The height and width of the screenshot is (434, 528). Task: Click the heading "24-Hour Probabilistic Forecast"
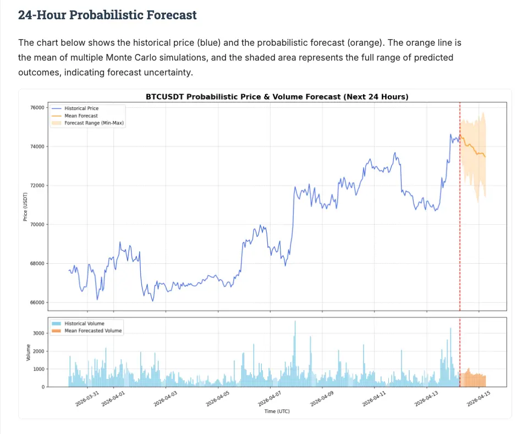107,15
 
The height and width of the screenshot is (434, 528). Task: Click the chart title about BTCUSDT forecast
277,97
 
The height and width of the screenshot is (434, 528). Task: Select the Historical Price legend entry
81,109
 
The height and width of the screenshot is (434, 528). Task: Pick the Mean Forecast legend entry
81,116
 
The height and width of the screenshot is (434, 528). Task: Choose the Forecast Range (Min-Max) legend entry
94,123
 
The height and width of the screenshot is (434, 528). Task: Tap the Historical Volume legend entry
84,324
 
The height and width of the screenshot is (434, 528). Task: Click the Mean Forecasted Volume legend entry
93,331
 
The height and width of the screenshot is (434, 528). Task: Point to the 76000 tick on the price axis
37,108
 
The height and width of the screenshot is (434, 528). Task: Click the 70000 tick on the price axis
37,225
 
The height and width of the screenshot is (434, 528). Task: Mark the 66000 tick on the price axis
37,302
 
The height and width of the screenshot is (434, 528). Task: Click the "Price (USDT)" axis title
25,207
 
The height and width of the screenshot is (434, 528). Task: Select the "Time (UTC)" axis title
277,411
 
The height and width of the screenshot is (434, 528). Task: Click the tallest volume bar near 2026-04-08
295,352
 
